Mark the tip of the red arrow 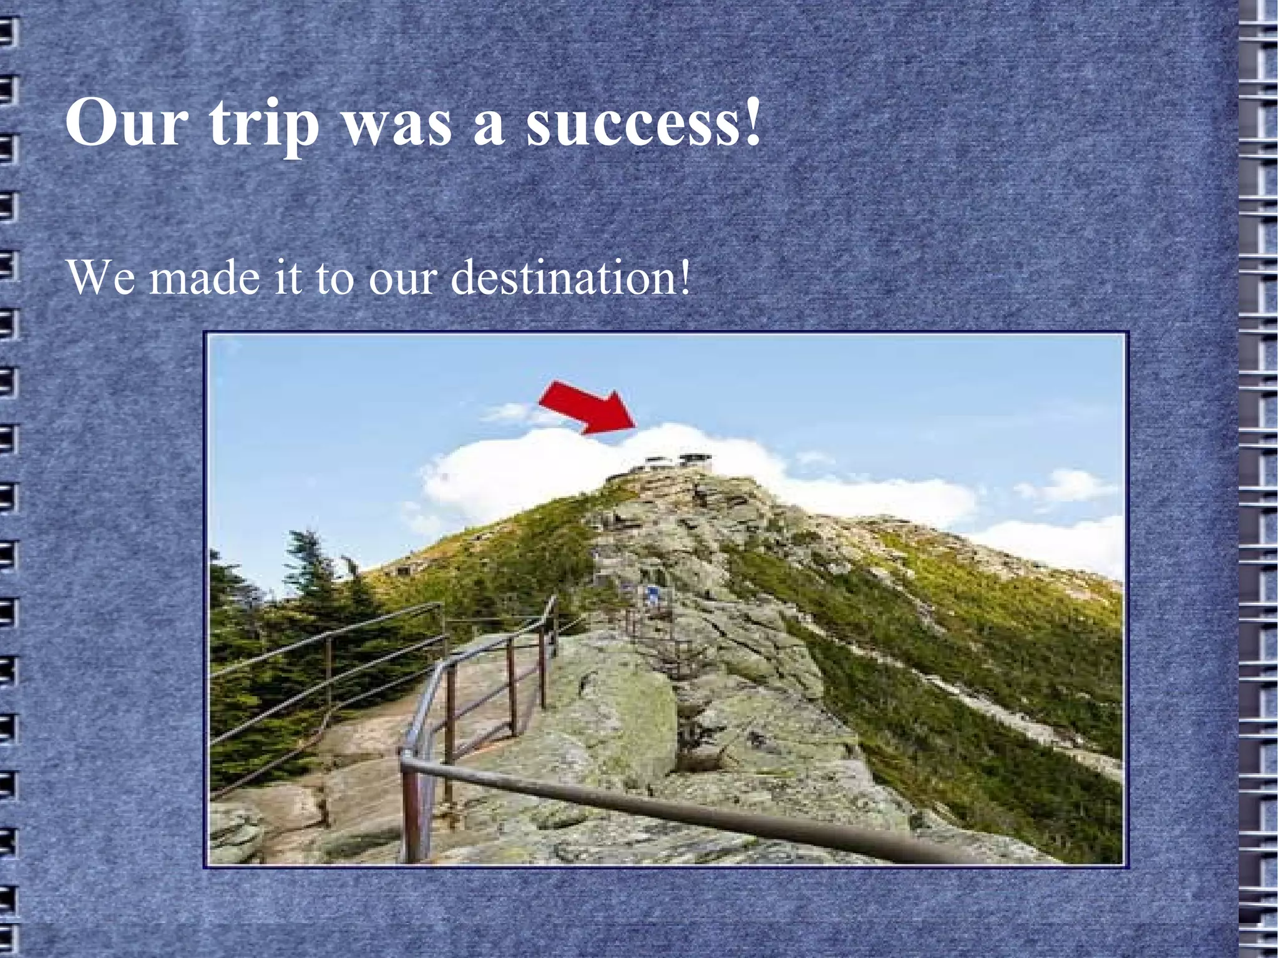[635, 426]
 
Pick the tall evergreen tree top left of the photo [315, 568]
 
